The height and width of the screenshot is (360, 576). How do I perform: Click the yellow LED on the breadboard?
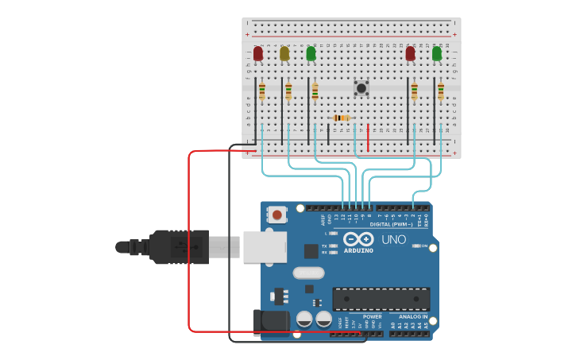284,53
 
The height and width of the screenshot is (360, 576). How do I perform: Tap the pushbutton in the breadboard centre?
361,87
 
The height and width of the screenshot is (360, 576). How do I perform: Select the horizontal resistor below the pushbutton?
342,118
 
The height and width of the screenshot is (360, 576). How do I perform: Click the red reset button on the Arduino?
277,214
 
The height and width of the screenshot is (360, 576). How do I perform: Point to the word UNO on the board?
394,239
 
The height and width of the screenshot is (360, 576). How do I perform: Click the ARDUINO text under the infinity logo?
358,250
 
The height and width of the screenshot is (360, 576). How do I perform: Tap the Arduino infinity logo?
358,239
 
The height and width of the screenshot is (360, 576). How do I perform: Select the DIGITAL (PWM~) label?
392,224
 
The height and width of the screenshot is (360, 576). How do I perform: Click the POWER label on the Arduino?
372,317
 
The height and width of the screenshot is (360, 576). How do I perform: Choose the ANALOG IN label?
412,317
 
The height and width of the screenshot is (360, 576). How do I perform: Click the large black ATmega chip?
381,299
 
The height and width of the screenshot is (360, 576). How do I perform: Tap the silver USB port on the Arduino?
265,246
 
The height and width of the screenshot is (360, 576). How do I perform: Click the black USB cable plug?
179,246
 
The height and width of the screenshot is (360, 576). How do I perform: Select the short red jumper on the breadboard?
368,137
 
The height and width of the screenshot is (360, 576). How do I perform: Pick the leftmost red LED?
258,53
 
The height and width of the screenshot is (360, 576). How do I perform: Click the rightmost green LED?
437,53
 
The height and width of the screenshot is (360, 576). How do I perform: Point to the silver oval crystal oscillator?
308,273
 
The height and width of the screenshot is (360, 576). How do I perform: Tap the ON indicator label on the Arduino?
424,246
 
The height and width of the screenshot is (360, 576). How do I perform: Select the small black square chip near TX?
311,251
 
